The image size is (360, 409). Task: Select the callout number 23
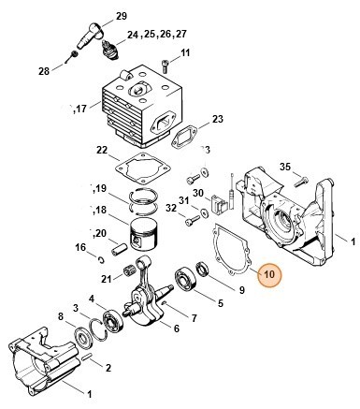coord(218,119)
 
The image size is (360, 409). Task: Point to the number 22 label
coord(102,150)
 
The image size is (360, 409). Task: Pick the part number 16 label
coord(80,246)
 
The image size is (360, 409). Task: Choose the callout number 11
coord(185,52)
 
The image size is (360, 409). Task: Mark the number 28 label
coord(44,71)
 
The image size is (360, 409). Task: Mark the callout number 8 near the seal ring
coord(61,318)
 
